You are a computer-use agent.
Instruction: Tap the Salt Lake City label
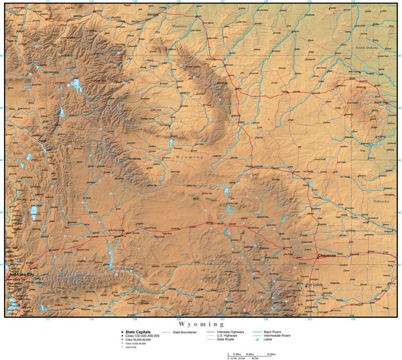point(20,275)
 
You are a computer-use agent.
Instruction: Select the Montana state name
point(180,26)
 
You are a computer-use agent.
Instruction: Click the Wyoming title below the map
point(200,322)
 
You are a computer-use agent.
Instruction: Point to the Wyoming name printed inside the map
point(188,156)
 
